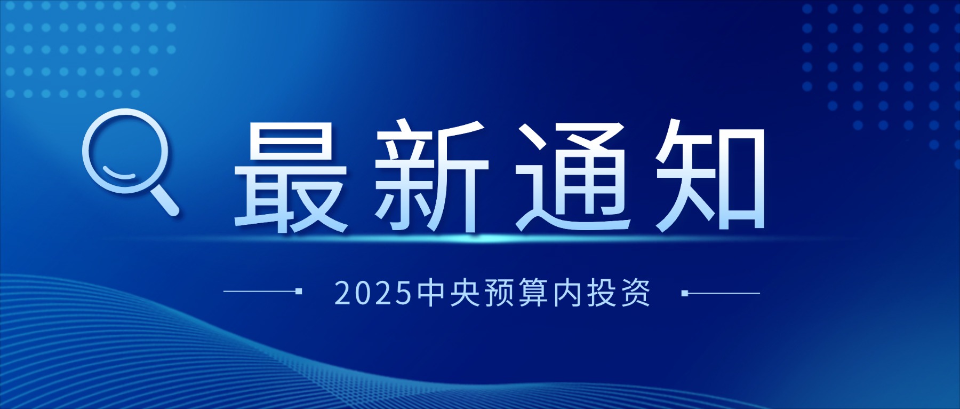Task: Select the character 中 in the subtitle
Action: pyautogui.click(x=432, y=293)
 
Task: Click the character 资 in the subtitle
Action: pyautogui.click(x=636, y=293)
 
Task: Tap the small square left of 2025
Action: pyautogui.click(x=299, y=292)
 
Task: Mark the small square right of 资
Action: pyautogui.click(x=685, y=293)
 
